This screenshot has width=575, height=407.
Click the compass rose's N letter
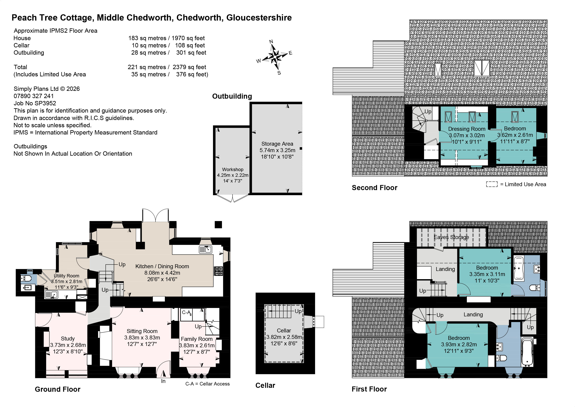[271, 42]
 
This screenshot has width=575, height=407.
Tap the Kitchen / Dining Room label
[162, 266]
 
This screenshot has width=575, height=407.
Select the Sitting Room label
[142, 331]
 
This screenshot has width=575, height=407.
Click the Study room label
[68, 339]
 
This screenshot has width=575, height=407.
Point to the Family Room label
[197, 339]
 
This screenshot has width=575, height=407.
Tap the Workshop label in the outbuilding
[233, 170]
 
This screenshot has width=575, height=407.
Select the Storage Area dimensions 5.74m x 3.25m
[277, 150]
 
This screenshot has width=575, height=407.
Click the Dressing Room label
[467, 129]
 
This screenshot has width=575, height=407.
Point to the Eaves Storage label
[451, 237]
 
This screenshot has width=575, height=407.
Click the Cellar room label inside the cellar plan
[284, 331]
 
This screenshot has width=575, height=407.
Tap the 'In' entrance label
[163, 381]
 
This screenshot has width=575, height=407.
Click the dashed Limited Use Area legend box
[492, 184]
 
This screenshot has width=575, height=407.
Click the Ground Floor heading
[58, 389]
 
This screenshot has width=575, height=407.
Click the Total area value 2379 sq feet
[189, 67]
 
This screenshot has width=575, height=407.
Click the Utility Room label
[67, 276]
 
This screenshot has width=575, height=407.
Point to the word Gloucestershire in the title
[259, 18]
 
